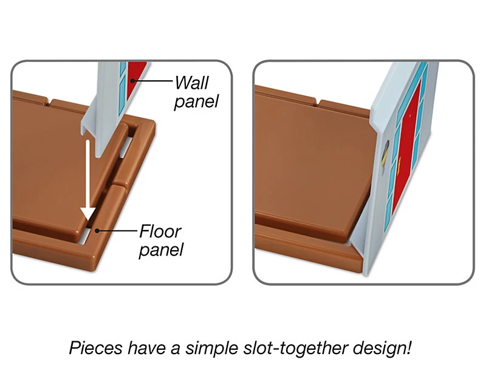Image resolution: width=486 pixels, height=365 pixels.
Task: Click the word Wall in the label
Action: point(191,83)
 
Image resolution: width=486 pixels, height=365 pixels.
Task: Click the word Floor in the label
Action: point(160,231)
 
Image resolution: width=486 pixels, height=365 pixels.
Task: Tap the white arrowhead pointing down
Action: point(87,215)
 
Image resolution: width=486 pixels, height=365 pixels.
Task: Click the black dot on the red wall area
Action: point(132,81)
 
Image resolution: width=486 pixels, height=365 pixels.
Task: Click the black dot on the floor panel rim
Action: point(97,231)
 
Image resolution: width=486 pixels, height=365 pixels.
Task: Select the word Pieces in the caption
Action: point(96,348)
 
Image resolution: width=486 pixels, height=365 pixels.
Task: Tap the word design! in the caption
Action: point(383,348)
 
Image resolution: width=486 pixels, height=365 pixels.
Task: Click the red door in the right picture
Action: point(406,147)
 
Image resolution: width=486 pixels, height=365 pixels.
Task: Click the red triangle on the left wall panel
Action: point(135,77)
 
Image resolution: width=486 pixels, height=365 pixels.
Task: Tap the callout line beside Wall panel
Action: point(152,81)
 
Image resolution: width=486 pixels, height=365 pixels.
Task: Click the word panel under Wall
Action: point(196,102)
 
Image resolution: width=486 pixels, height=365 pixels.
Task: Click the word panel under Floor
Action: point(161,250)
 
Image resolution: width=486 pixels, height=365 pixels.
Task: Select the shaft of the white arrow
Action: point(87,174)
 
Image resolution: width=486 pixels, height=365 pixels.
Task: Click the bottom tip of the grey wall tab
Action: point(98,156)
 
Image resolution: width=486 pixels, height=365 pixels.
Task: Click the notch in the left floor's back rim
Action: point(49,102)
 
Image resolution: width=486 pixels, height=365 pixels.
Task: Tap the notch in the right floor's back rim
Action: point(318,102)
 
